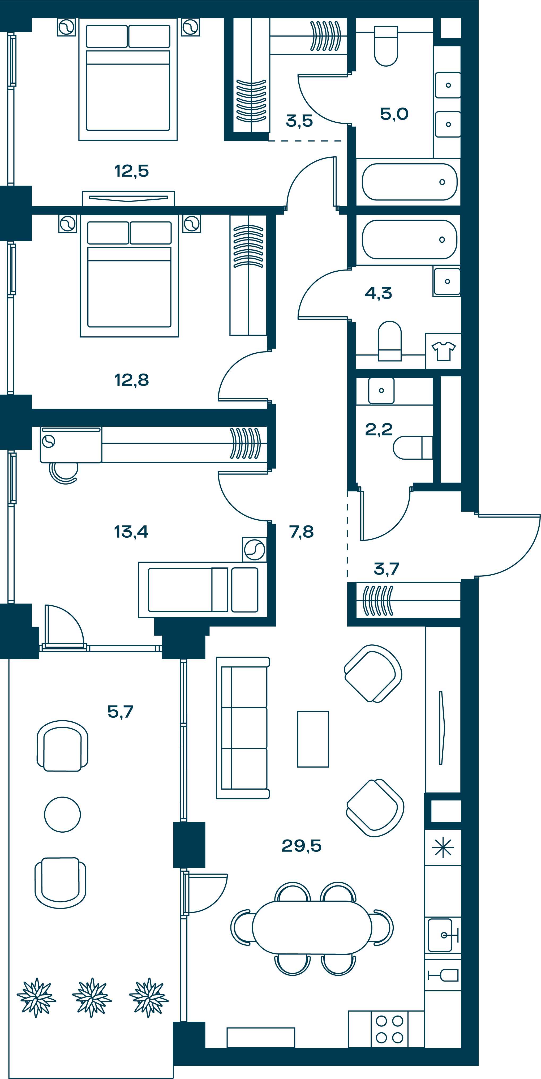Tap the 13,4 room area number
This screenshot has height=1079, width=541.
pos(131,532)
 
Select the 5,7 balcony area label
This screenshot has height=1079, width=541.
pos(120,711)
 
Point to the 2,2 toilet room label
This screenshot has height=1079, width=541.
pos(379,429)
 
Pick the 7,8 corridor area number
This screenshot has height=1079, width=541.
pos(301,532)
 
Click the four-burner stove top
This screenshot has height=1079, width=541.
pos(389,1029)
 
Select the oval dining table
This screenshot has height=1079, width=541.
pos(312,928)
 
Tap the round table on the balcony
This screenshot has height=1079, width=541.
pos(62,814)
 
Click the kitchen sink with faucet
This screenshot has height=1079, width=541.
pos(440,935)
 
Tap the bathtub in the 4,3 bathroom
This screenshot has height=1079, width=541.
pos(410,239)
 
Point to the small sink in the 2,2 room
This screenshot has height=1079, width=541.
pos(381,390)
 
